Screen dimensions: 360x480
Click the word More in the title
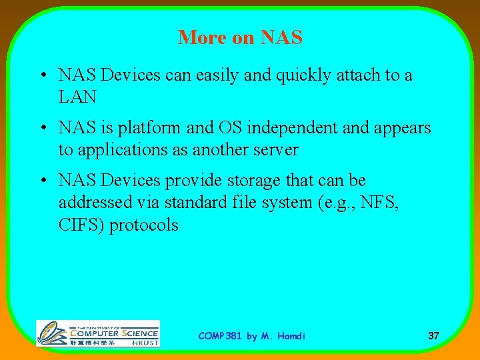pos(201,38)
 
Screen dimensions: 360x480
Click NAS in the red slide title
pos(281,38)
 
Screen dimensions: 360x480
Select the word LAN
pos(77,97)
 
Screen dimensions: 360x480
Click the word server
pos(272,150)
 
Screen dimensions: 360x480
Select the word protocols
pos(144,225)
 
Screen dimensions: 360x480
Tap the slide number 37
pos(433,336)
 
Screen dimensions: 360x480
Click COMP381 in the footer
pos(221,336)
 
